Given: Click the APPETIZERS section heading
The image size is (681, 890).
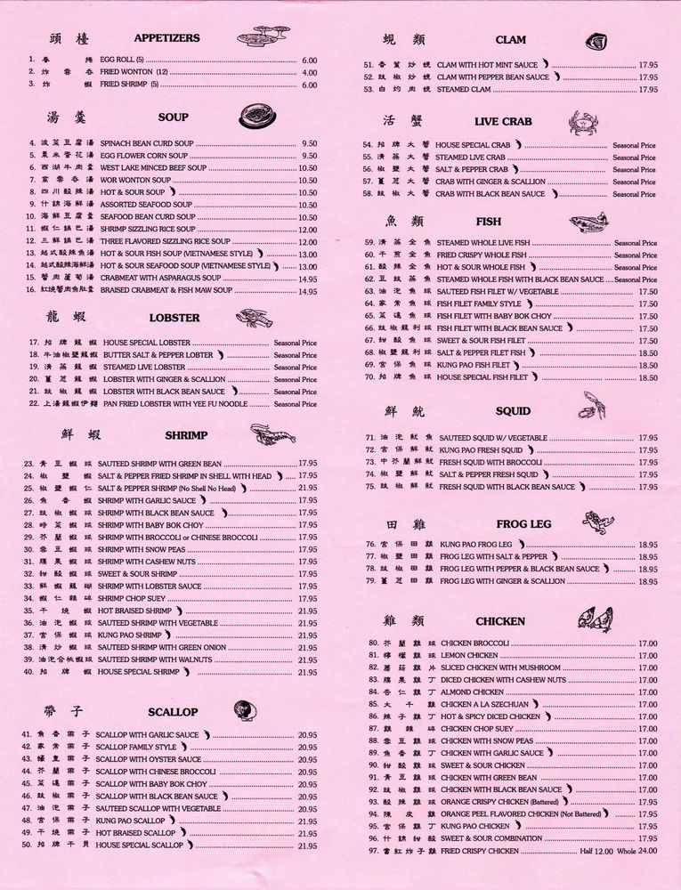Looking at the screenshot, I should point(166,38).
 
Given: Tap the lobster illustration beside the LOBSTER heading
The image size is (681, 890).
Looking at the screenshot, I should point(255,318).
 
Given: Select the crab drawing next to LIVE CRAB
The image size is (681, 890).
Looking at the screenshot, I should point(583,121).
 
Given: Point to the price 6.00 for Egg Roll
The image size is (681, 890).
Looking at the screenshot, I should point(309,61).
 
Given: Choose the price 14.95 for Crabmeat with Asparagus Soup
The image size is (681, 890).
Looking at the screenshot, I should point(307,278).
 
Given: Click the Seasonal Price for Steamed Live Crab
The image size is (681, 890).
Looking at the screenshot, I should point(634,158).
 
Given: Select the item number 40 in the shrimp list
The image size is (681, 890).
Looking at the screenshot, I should point(29,672).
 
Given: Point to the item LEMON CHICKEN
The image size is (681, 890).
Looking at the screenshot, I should point(469,655).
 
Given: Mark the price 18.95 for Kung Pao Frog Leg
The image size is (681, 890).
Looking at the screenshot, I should point(647,544).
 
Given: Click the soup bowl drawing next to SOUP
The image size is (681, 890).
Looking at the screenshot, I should point(257,117).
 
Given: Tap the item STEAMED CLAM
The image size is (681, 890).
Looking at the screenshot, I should point(465,89).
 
